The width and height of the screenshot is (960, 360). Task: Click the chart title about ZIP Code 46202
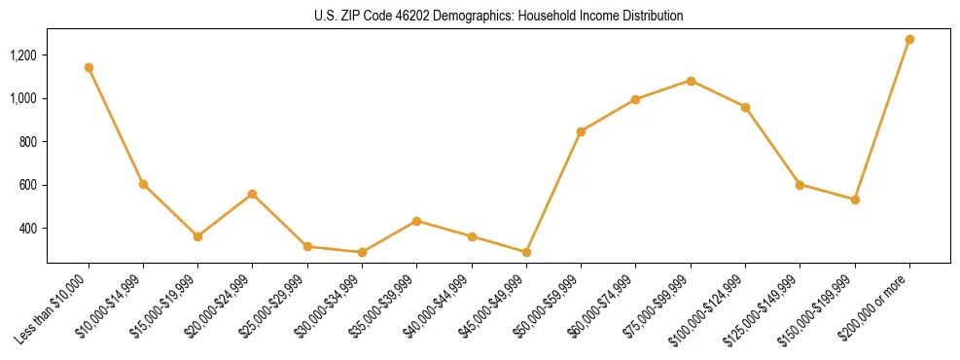pos(498,16)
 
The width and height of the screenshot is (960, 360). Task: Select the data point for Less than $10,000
pos(89,67)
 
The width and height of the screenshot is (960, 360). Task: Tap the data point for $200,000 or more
pos(909,39)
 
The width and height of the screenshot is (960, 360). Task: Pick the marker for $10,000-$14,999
pos(143,184)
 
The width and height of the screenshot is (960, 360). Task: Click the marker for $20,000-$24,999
pos(253,194)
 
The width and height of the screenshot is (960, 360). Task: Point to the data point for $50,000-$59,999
pos(581,131)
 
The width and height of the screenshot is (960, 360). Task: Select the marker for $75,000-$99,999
pos(691,81)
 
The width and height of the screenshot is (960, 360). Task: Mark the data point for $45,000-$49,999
pos(526,252)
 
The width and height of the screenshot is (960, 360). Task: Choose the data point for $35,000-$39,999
pos(416,221)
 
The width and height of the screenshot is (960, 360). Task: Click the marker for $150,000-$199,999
pos(855,199)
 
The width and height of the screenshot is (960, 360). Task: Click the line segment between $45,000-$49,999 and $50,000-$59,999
pos(553,192)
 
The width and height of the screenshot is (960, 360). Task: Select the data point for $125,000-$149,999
pos(800,184)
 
